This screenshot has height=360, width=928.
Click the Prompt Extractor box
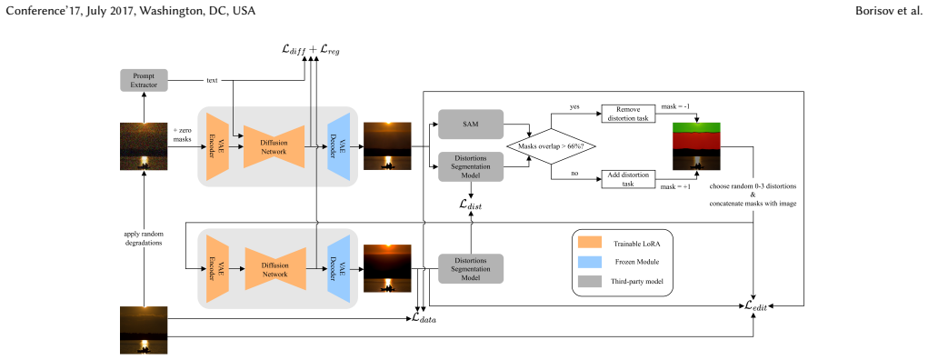pyautogui.click(x=144, y=80)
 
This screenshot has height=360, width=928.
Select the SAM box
pyautogui.click(x=471, y=125)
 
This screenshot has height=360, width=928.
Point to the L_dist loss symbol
pyautogui.click(x=471, y=205)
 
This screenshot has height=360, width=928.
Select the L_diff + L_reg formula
pyautogui.click(x=311, y=50)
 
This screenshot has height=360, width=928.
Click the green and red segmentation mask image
pyautogui.click(x=696, y=146)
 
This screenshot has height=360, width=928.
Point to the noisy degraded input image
pyautogui.click(x=144, y=146)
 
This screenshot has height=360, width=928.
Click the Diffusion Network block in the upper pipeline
pyautogui.click(x=274, y=146)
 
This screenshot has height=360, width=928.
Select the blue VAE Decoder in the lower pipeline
pyautogui.click(x=339, y=269)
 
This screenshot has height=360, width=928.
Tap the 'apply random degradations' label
pyautogui.click(x=144, y=238)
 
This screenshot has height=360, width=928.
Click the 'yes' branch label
pyautogui.click(x=574, y=106)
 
